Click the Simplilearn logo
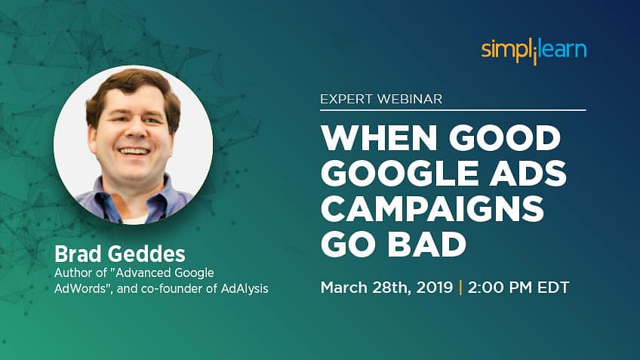(x=534, y=51)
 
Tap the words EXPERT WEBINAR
(x=381, y=99)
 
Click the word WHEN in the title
(x=379, y=138)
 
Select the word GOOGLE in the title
(x=399, y=173)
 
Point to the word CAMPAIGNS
(x=432, y=208)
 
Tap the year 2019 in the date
(x=434, y=288)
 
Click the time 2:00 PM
(x=500, y=288)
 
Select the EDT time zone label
(x=553, y=288)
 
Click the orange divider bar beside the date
(x=460, y=288)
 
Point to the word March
(x=344, y=288)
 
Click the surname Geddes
(x=147, y=254)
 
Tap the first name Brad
(x=78, y=254)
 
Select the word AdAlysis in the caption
(x=245, y=289)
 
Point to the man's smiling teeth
(x=134, y=151)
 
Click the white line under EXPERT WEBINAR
(x=453, y=109)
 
